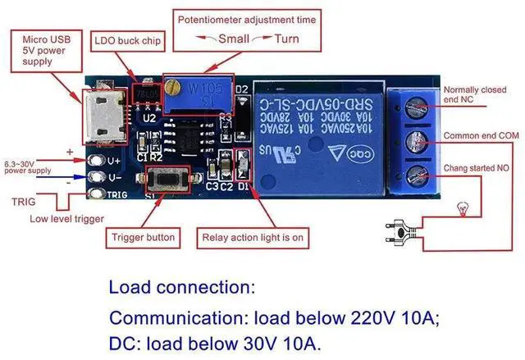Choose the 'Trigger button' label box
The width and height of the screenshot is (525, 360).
(144, 237)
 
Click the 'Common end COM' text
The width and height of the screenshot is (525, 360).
(481, 134)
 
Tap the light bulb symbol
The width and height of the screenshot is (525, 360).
(463, 210)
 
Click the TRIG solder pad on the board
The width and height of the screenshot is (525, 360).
(98, 194)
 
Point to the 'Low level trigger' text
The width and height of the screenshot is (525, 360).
(66, 218)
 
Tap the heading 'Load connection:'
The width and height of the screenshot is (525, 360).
(182, 288)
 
